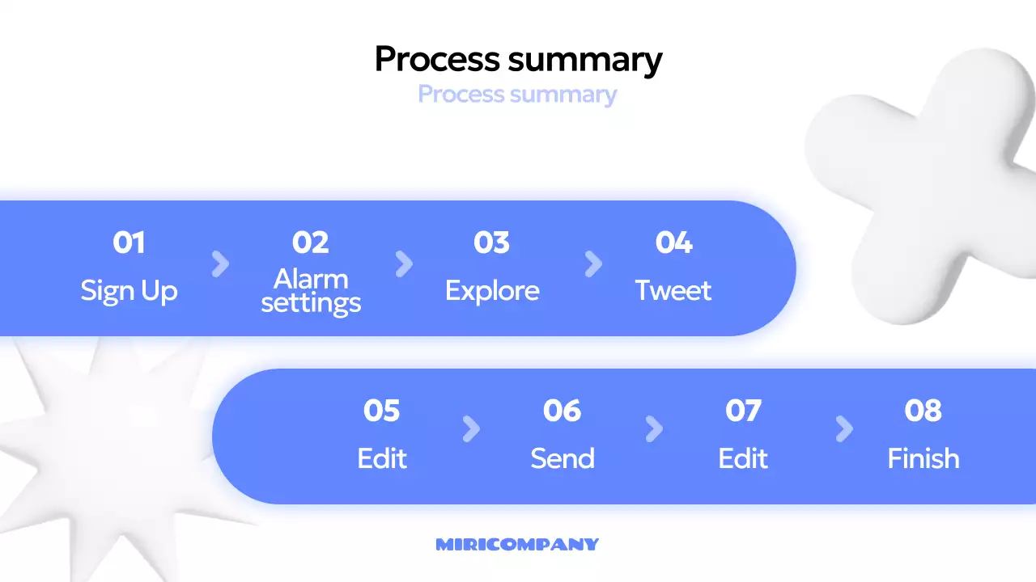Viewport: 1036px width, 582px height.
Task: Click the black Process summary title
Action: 518,60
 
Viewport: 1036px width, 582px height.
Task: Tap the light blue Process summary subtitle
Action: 517,95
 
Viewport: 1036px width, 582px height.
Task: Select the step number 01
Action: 129,242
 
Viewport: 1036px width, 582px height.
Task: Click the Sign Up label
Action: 129,291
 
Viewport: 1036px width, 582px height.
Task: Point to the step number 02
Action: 310,242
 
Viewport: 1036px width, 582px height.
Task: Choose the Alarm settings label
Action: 311,291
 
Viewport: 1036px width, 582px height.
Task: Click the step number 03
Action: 491,242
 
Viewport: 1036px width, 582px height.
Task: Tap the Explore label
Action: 492,291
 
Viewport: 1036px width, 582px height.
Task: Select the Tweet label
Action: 673,291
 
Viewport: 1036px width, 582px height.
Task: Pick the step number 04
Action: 673,242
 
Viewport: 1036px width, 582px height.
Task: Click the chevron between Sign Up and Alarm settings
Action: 220,264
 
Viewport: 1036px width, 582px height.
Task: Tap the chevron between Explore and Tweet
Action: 593,264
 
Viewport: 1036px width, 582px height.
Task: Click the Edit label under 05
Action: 382,459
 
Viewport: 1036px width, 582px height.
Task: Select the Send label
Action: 563,459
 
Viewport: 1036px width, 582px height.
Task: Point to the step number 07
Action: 743,411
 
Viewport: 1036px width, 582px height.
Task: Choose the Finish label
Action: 923,459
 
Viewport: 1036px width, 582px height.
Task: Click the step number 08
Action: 923,411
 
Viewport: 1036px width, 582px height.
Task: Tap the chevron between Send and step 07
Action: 654,429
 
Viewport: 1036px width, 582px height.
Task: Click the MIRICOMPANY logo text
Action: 517,545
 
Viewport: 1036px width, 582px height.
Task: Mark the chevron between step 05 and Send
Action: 471,429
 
